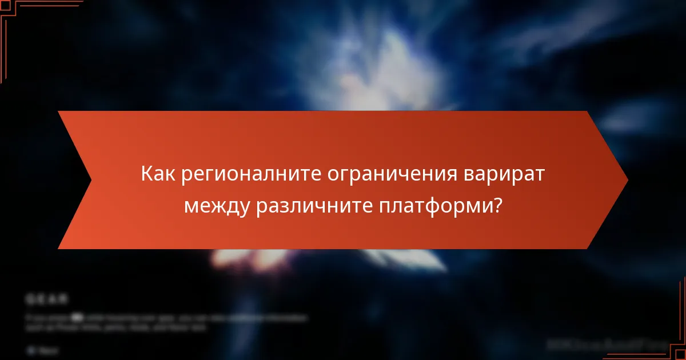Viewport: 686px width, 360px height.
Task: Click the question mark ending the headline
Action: point(497,205)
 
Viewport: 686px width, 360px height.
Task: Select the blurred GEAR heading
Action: point(47,298)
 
